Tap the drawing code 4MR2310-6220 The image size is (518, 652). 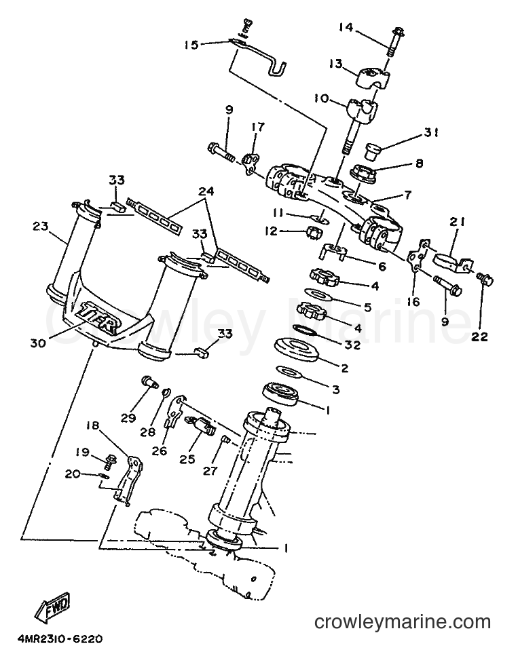(60, 638)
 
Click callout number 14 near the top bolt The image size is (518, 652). (346, 27)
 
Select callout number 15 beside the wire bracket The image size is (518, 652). (192, 45)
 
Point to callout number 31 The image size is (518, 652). (431, 132)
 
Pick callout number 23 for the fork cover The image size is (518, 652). (41, 226)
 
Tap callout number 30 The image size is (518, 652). (38, 343)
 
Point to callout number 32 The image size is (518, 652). (352, 345)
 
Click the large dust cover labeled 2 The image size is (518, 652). (296, 349)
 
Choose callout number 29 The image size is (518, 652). (128, 418)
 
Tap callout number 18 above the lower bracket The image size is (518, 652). (93, 425)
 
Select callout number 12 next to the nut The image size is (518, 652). (272, 231)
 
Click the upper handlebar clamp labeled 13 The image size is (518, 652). (374, 79)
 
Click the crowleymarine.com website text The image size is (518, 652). (403, 622)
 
